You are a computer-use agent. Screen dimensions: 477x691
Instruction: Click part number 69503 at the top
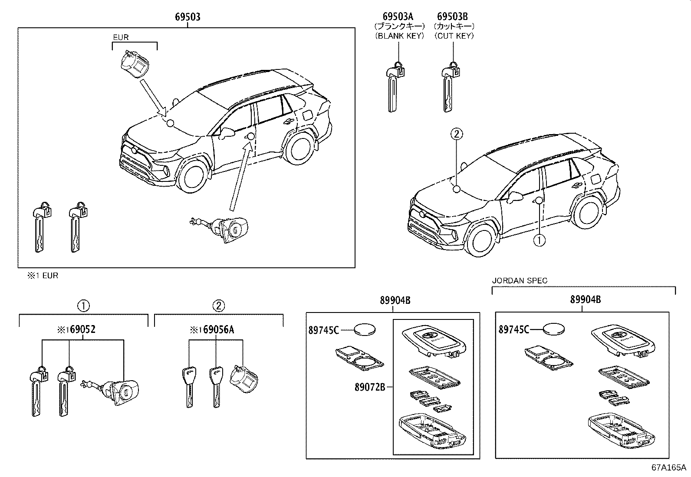point(188,17)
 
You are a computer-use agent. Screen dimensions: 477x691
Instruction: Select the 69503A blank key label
point(398,17)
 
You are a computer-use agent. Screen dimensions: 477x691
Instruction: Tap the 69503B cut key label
point(453,17)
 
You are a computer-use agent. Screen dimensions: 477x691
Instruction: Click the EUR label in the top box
point(121,37)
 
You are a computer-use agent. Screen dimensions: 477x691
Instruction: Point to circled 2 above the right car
point(456,135)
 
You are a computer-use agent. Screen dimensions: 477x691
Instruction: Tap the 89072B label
point(369,387)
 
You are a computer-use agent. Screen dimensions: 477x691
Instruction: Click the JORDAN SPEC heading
point(520,281)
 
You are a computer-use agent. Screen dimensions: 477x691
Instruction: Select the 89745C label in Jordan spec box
point(513,330)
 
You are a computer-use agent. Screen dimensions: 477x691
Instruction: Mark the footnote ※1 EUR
point(43,276)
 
